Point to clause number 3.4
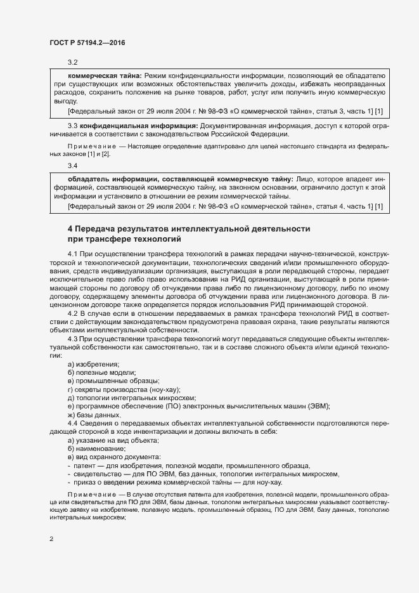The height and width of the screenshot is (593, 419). pos(72,166)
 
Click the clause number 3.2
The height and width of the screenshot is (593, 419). pos(72,62)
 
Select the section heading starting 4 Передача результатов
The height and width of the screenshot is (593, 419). pos(189,228)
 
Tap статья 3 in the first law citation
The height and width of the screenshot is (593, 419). pos(329,111)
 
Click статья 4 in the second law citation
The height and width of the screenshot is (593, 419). pos(329,207)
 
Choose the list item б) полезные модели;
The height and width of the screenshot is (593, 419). pos(101,372)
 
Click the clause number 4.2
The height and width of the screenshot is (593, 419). pos(72,313)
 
